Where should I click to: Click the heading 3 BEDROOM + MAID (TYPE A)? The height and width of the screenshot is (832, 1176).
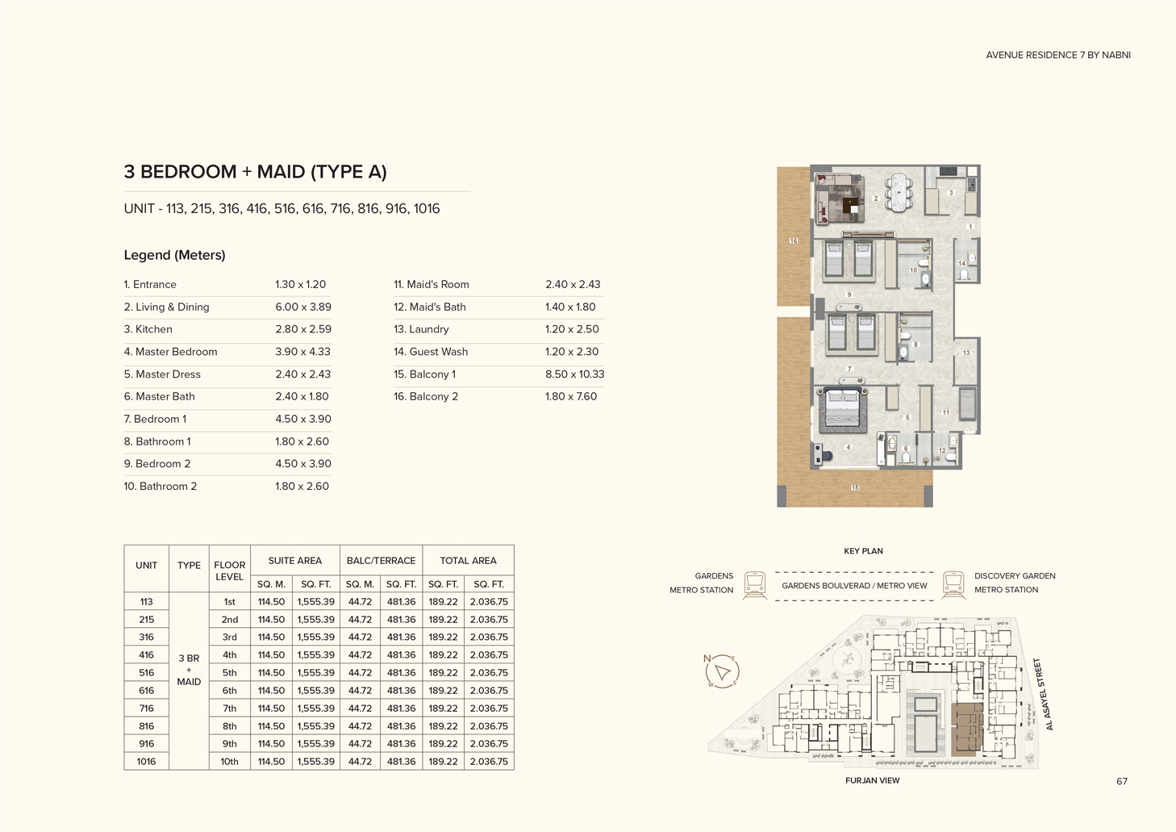pyautogui.click(x=255, y=172)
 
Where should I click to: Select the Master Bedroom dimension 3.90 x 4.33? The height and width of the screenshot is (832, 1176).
pyautogui.click(x=302, y=352)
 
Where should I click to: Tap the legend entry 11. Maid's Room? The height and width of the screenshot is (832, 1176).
pyautogui.click(x=431, y=285)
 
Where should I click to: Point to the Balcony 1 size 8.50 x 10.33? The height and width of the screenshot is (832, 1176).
pyautogui.click(x=574, y=374)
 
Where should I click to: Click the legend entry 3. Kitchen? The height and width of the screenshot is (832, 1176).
pyautogui.click(x=148, y=329)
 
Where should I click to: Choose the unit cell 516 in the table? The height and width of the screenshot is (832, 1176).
pyautogui.click(x=146, y=673)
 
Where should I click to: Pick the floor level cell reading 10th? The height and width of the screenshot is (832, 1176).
pyautogui.click(x=229, y=762)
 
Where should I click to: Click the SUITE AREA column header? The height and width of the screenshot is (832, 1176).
pyautogui.click(x=294, y=561)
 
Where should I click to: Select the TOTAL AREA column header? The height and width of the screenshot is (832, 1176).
pyautogui.click(x=468, y=561)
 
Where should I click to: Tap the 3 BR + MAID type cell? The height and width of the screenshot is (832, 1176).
pyautogui.click(x=189, y=670)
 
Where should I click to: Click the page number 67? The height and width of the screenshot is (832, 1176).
pyautogui.click(x=1121, y=781)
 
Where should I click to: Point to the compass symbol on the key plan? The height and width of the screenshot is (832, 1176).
pyautogui.click(x=721, y=671)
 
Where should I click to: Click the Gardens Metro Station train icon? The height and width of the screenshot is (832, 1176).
pyautogui.click(x=755, y=584)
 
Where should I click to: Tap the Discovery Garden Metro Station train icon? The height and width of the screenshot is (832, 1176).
pyautogui.click(x=953, y=584)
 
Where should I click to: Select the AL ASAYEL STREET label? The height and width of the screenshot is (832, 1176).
pyautogui.click(x=1043, y=694)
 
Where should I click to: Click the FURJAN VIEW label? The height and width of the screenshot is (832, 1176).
pyautogui.click(x=872, y=780)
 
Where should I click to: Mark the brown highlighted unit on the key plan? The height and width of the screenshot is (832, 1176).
pyautogui.click(x=966, y=729)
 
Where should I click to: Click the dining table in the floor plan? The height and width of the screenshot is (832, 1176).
pyautogui.click(x=899, y=194)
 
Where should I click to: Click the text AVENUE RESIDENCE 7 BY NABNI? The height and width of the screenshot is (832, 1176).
pyautogui.click(x=1057, y=55)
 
